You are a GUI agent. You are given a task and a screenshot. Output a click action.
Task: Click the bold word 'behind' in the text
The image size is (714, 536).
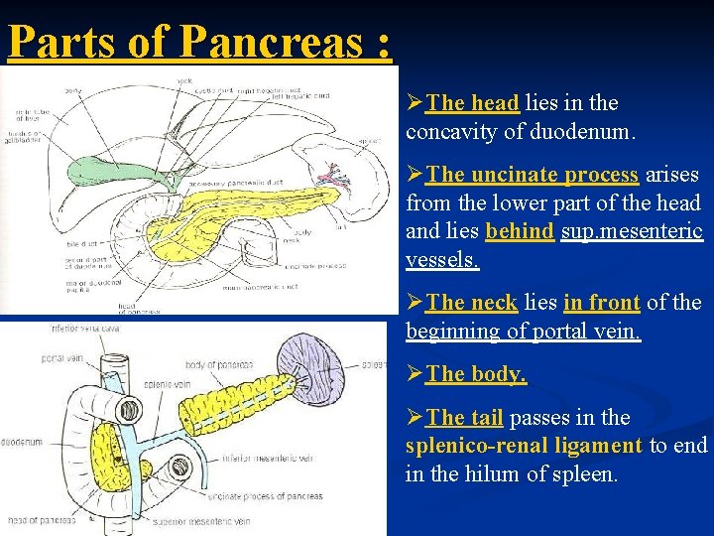pyautogui.click(x=519, y=231)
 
